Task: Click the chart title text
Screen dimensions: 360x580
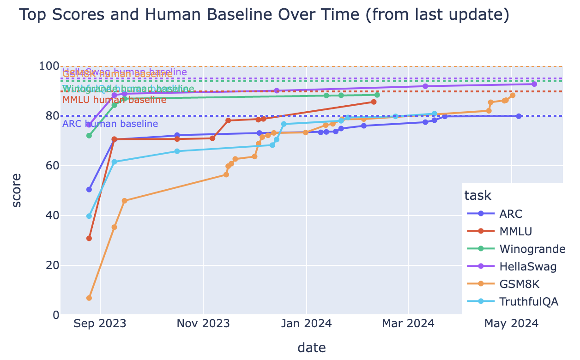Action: [264, 16]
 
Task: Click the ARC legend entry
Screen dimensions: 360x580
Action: [511, 214]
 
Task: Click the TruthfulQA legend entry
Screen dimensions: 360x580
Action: [529, 302]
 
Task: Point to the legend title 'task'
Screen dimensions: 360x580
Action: [477, 196]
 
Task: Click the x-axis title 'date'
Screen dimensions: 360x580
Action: [312, 348]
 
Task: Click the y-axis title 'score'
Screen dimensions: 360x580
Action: [16, 190]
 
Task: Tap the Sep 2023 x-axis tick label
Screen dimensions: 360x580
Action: [100, 324]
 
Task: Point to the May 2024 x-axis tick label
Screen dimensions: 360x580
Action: [511, 324]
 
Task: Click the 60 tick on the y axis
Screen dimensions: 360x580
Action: [50, 166]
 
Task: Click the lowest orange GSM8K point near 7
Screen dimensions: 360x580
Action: [89, 298]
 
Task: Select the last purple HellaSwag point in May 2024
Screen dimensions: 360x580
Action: [534, 84]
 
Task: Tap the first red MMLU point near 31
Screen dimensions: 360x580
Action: [89, 238]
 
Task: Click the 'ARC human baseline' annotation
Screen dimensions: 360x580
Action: [110, 124]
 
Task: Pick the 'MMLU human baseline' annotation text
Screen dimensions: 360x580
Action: [114, 100]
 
